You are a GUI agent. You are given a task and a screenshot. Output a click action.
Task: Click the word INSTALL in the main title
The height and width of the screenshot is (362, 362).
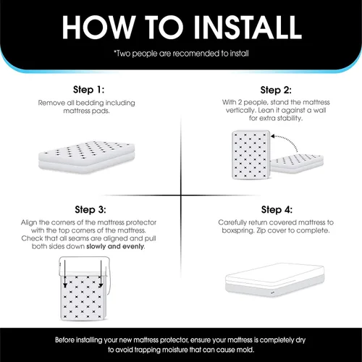(x=248, y=27)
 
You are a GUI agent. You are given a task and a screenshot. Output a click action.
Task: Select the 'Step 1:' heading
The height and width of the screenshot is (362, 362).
(x=89, y=90)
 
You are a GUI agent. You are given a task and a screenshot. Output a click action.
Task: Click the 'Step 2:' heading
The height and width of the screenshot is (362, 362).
(x=276, y=90)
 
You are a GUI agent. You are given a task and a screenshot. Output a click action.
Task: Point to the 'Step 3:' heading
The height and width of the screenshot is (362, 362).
(x=90, y=209)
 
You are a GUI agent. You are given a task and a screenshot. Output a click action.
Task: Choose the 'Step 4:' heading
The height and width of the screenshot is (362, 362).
(x=277, y=209)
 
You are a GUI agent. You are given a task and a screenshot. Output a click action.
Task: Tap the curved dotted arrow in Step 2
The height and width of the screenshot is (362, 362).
(x=285, y=143)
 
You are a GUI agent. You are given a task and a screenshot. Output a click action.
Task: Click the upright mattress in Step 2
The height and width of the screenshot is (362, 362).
(x=251, y=155)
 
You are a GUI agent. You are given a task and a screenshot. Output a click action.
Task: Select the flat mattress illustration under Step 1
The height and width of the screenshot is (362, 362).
(x=86, y=157)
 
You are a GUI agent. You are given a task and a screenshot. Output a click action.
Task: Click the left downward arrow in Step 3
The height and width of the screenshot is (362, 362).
(x=65, y=273)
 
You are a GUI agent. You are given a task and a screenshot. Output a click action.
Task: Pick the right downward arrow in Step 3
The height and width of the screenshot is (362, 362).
(x=101, y=273)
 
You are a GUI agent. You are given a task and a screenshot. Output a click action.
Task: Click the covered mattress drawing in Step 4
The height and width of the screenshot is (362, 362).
(x=274, y=280)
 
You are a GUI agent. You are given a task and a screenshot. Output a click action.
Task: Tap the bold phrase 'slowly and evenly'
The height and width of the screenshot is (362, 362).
(x=116, y=246)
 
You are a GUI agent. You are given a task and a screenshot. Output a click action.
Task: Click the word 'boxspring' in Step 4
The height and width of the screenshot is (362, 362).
(x=237, y=231)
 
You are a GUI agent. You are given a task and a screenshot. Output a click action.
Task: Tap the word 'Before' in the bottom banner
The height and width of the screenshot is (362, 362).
(x=64, y=340)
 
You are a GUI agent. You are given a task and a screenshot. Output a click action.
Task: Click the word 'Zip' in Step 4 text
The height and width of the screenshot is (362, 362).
(x=261, y=231)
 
